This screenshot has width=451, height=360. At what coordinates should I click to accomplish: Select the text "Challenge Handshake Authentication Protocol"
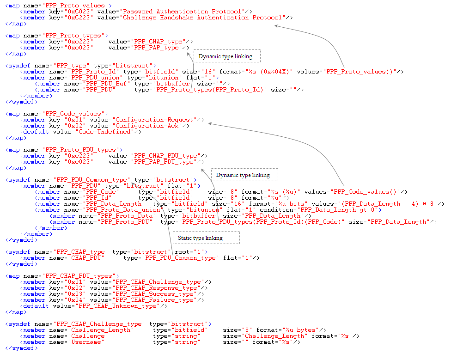point(202,18)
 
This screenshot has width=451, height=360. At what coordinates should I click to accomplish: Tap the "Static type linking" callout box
point(206,238)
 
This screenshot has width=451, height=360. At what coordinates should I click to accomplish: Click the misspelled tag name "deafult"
point(36,131)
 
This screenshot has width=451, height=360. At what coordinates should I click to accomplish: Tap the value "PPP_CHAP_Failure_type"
point(154,299)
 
